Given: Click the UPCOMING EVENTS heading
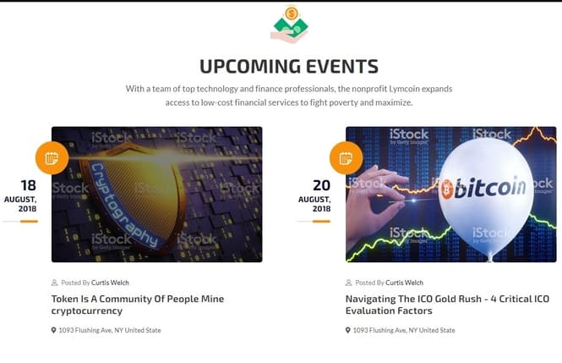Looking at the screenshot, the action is click(x=289, y=66).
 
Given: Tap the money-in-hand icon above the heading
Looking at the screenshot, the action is click(x=290, y=25).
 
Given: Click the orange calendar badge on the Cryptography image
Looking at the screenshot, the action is click(x=52, y=158).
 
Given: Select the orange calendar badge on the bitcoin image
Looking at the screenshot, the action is click(x=346, y=158).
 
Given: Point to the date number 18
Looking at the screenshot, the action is click(x=29, y=185).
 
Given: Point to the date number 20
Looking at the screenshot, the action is click(x=321, y=185).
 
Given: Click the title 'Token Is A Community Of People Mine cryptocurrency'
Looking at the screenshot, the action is click(x=138, y=305).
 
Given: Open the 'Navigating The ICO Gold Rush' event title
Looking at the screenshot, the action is click(x=447, y=305).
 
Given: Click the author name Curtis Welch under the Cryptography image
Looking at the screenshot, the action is click(x=110, y=283).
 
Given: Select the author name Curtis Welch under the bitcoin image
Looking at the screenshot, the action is click(x=404, y=283).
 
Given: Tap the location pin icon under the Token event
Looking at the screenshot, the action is click(x=54, y=330).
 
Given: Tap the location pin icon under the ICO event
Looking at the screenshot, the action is click(x=347, y=330).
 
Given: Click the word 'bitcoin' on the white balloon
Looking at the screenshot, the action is click(x=490, y=187).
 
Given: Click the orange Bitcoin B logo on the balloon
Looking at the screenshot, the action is click(x=447, y=189).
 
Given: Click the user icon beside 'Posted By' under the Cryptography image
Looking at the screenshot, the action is click(x=54, y=283).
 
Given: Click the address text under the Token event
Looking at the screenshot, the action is click(x=110, y=330).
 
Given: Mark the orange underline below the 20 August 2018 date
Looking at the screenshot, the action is click(x=321, y=222).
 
